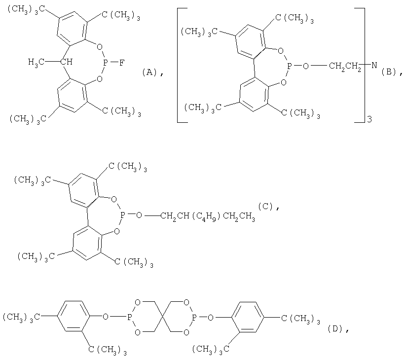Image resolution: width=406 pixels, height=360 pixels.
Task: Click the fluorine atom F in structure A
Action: (122, 62)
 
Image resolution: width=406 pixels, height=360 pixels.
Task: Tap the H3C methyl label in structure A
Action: (36, 62)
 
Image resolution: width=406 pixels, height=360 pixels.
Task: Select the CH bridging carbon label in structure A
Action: (66, 62)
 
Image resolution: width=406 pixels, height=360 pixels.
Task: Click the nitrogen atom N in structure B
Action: (374, 65)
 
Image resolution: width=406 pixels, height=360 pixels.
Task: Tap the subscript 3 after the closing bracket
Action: (369, 119)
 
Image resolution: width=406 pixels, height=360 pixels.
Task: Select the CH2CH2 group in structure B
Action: (345, 66)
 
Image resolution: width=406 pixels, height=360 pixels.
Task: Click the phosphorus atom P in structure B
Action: (290, 66)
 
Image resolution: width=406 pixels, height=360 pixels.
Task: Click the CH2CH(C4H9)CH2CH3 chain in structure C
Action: (208, 216)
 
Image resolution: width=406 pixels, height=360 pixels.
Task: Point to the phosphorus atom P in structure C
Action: (123, 215)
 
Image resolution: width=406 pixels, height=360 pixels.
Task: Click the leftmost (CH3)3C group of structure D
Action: (21, 317)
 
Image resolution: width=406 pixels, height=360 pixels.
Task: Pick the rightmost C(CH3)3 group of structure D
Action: (300, 319)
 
